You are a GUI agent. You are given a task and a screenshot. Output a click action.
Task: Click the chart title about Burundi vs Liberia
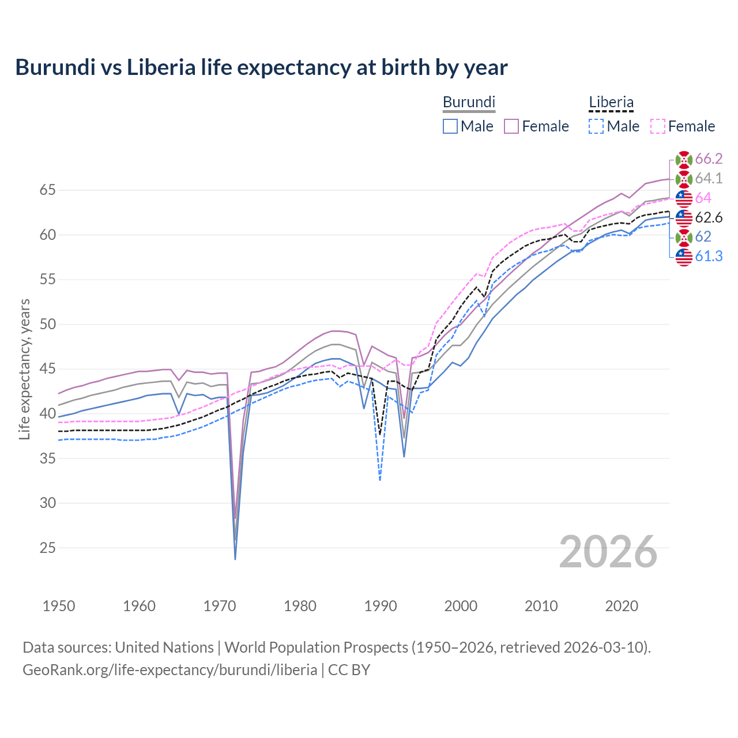[261, 67]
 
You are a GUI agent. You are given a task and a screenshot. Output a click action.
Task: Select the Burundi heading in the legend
[469, 102]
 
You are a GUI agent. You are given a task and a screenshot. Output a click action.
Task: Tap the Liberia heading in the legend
[611, 102]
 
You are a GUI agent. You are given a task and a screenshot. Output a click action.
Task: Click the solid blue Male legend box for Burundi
[450, 126]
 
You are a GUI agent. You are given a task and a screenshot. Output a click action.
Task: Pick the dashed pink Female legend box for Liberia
[658, 126]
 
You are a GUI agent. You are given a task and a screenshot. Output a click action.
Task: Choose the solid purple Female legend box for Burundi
[512, 126]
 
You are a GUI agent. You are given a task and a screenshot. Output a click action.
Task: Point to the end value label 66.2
[709, 159]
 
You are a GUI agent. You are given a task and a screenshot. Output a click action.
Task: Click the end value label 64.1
[709, 179]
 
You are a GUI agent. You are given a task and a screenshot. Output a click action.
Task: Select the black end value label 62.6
[709, 217]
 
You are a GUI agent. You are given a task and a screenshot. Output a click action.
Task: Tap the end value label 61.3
[709, 257]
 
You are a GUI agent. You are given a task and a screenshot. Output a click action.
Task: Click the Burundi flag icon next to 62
[684, 237]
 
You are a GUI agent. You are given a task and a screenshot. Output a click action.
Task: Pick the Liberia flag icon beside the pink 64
[684, 198]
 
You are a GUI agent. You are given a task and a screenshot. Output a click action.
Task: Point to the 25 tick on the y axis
[47, 548]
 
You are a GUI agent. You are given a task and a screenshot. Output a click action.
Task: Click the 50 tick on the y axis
[47, 325]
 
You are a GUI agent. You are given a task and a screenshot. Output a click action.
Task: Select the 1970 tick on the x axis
[220, 606]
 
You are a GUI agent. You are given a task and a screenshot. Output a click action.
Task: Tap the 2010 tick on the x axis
[541, 606]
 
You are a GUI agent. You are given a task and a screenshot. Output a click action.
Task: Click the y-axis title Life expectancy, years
[24, 369]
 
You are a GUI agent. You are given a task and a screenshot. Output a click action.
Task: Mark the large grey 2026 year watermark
[608, 552]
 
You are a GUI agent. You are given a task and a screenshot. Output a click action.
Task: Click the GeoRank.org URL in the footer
[170, 669]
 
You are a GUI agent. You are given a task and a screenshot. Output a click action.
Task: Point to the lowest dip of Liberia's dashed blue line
[380, 480]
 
